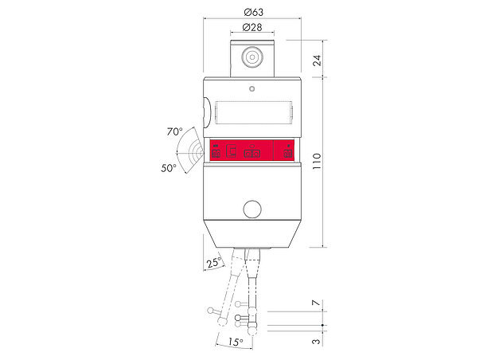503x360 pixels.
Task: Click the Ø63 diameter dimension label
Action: click(253, 12)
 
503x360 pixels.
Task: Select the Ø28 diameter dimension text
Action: click(252, 27)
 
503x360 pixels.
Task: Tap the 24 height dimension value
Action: click(317, 61)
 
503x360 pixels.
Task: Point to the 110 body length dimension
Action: click(317, 161)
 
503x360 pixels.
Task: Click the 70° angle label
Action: click(174, 131)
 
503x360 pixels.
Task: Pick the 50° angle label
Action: click(169, 167)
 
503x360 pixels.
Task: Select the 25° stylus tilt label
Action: click(214, 263)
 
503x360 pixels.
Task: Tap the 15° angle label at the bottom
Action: click(235, 342)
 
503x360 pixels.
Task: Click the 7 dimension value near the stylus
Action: click(317, 303)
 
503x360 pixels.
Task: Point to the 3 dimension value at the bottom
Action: click(317, 341)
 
